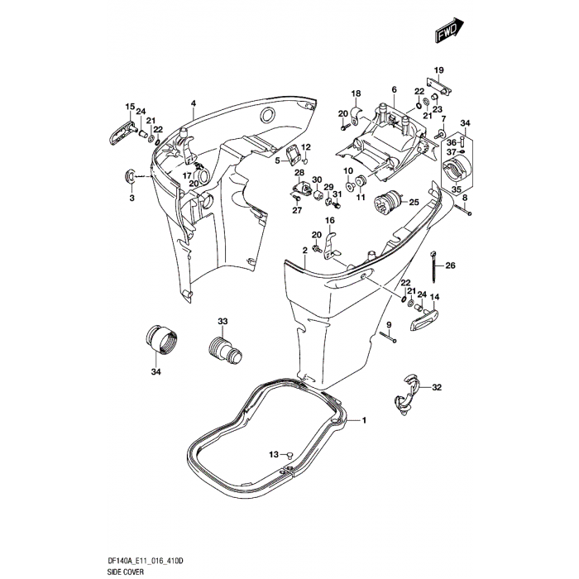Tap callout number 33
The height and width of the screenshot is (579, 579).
coord(222,321)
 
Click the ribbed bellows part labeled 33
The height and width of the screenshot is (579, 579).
coord(223,348)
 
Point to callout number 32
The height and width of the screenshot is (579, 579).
coord(438,387)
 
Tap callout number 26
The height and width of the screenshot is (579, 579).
coord(451,266)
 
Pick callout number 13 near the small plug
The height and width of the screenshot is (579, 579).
coord(274,454)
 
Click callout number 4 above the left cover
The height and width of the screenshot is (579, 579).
coord(193,103)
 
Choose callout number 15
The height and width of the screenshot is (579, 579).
coord(129,107)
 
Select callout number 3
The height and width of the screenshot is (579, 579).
coord(131,198)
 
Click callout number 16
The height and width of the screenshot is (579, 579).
coord(329,220)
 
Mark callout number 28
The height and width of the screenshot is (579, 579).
coord(299,172)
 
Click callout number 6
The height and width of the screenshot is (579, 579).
coord(395,89)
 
